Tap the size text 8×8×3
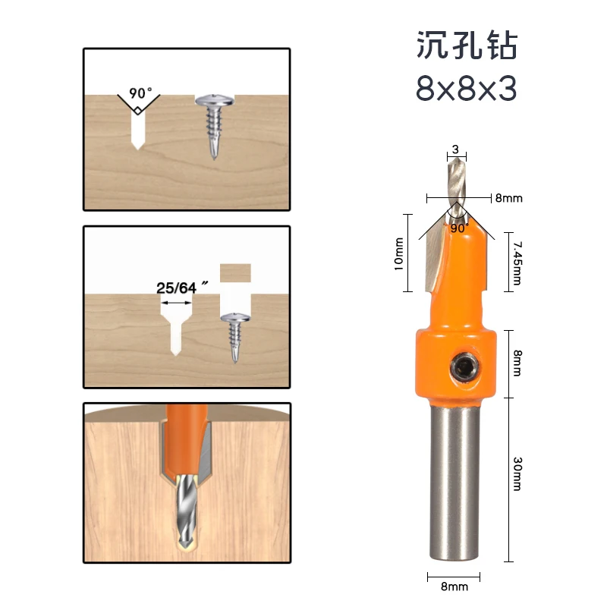point(466,90)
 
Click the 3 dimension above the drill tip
point(455,150)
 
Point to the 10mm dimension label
point(400,253)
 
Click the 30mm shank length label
point(517,473)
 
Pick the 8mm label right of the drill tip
point(509,198)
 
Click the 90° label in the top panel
point(140,93)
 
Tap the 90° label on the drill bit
point(459,226)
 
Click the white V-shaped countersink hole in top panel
point(137,124)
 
